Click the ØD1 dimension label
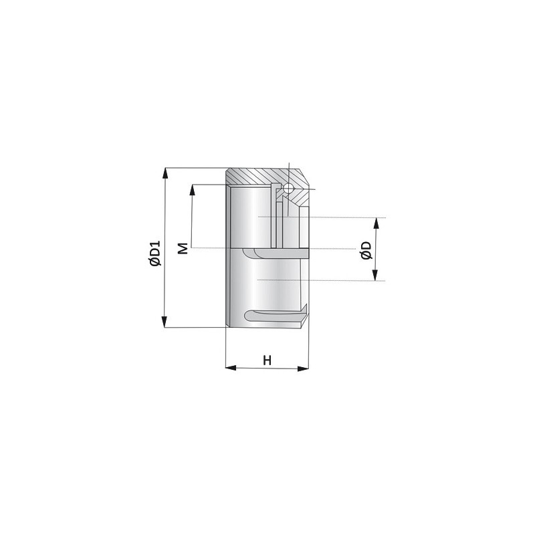[x=154, y=253]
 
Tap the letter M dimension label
[x=183, y=248]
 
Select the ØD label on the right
[x=366, y=250]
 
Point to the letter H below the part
[x=267, y=360]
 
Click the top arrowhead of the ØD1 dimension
[x=165, y=173]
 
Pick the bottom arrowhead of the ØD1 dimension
[x=164, y=322]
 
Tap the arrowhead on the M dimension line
[x=193, y=190]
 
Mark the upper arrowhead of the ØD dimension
[x=377, y=223]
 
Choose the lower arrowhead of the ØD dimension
[x=375, y=276]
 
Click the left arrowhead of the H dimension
[x=231, y=368]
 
